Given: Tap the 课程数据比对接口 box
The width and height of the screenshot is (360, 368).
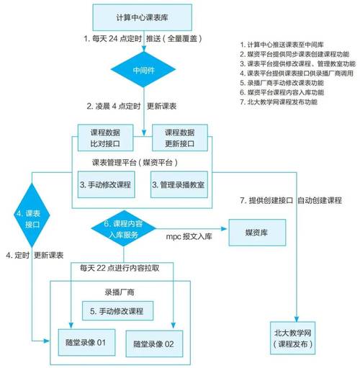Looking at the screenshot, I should pyautogui.click(x=107, y=138).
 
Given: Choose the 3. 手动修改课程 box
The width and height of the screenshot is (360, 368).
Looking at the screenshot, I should pyautogui.click(x=107, y=185).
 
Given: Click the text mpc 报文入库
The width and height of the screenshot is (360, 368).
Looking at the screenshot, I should pyautogui.click(x=191, y=235).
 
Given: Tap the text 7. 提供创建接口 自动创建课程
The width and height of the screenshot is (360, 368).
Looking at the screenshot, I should pyautogui.click(x=290, y=199).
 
